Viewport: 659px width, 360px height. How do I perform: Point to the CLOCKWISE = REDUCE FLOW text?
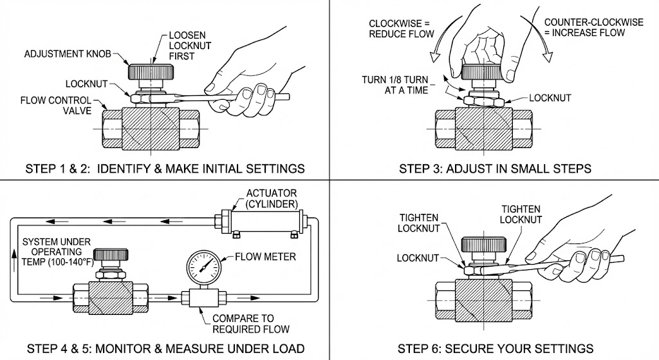point(400,28)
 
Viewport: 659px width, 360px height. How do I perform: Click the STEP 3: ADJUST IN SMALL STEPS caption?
point(495,169)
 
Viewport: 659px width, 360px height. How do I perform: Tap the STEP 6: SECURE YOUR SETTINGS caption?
point(495,349)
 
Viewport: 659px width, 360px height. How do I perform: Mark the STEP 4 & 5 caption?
point(165,349)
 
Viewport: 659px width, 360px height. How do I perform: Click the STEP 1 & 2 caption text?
point(165,169)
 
